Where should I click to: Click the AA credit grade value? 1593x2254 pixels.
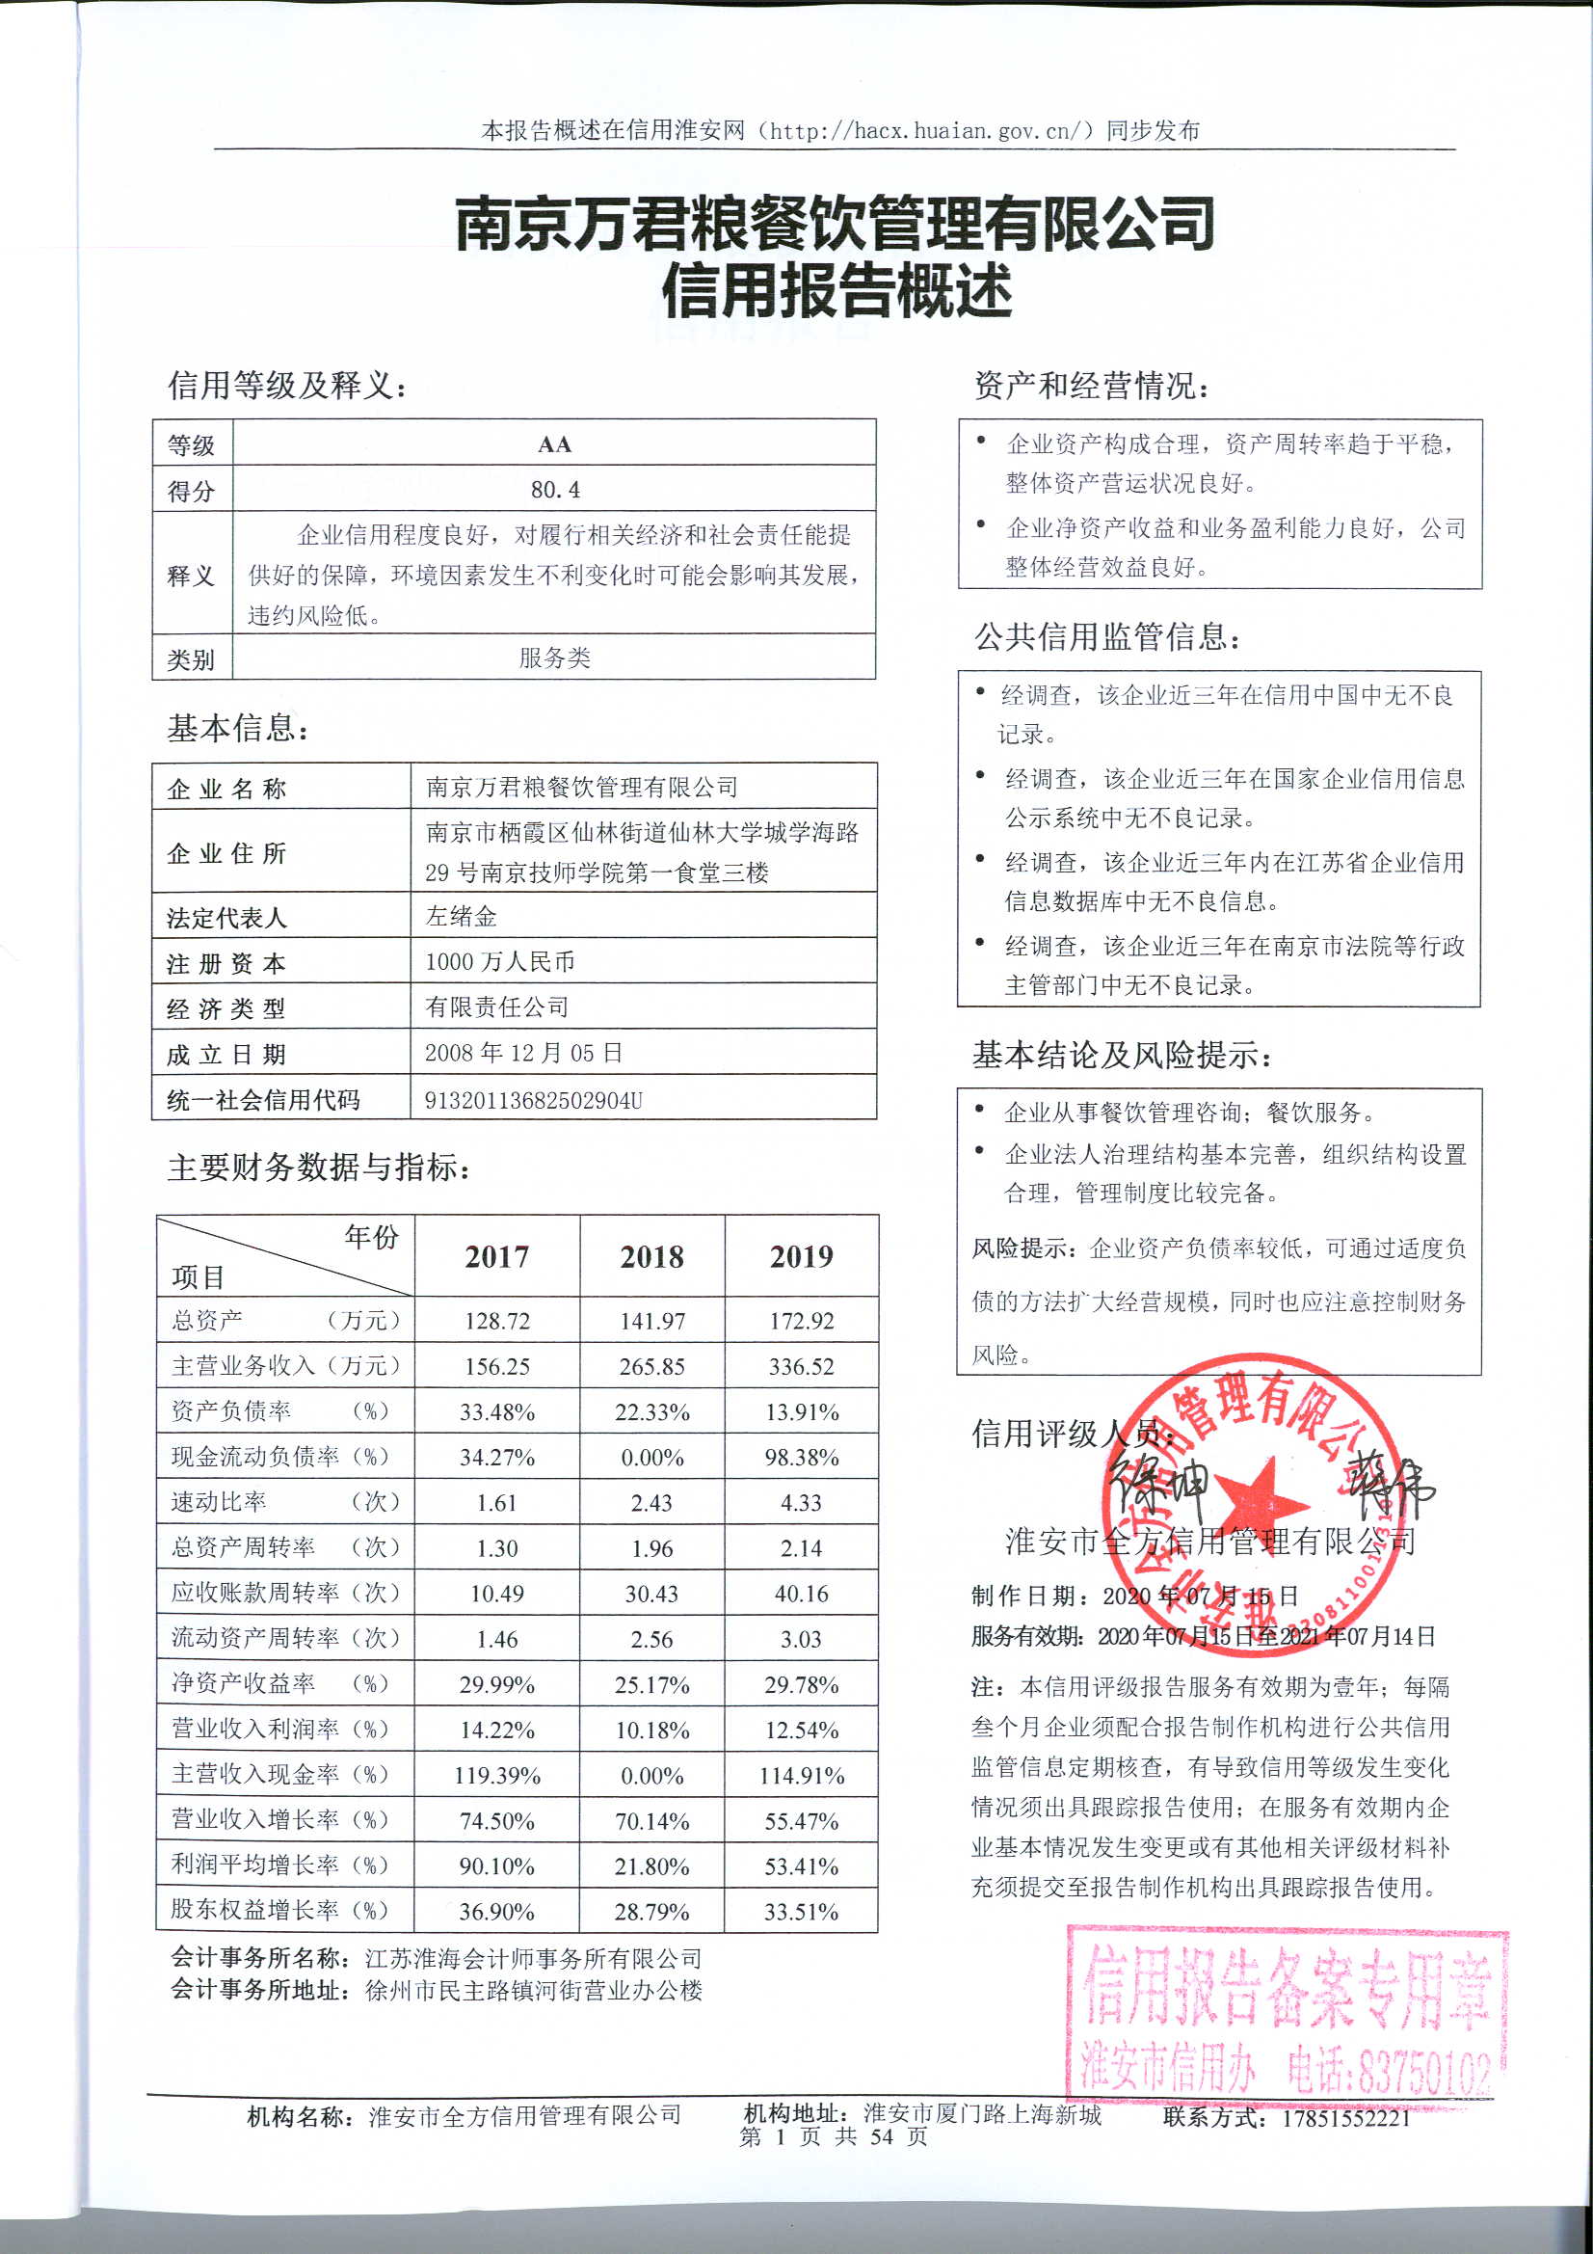coord(553,443)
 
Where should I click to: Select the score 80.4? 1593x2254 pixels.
coord(554,489)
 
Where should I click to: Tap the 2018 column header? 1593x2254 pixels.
coord(651,1256)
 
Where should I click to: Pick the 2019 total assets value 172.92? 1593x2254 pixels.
coord(801,1321)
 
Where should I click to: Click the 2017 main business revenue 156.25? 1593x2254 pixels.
coord(496,1365)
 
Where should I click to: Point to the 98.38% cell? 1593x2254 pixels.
coord(801,1457)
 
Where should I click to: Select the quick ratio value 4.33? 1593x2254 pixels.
coord(801,1502)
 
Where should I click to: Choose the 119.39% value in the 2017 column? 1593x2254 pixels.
coord(496,1775)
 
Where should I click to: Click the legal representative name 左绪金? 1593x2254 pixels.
coord(462,916)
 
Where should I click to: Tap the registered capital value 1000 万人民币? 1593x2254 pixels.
coord(499,961)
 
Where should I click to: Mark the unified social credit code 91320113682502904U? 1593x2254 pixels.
coord(533,1099)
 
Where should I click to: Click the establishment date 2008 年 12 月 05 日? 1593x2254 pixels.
coord(523,1053)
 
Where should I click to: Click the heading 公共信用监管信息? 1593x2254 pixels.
coord(1106,637)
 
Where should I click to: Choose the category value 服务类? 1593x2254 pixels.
coord(554,657)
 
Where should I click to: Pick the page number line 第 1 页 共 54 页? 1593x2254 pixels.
coord(833,2137)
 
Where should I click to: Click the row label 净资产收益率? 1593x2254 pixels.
coord(244,1683)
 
